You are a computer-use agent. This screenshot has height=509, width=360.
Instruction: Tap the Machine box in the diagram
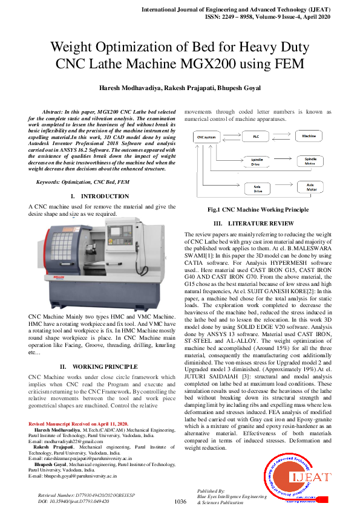click(309, 137)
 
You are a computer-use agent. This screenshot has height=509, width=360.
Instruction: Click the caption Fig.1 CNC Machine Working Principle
click(258, 209)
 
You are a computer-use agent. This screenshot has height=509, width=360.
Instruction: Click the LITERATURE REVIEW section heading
click(262, 223)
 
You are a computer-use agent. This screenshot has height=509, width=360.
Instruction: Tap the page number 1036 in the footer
click(180, 502)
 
